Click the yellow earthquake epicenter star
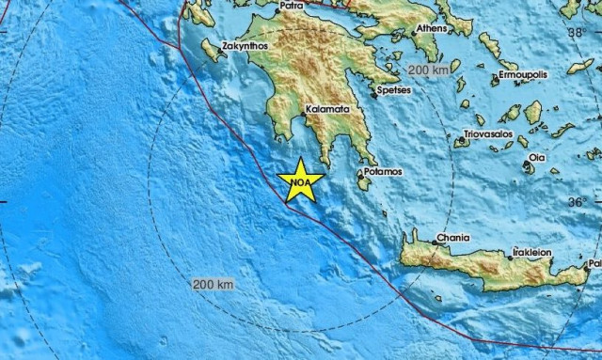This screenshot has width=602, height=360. pos(301,179)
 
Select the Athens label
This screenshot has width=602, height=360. pos(432,28)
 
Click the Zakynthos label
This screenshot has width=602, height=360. pos(246,45)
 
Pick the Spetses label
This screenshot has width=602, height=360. pos(393,92)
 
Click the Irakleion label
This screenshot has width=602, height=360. pos(532,253)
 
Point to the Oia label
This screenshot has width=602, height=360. pos(537,157)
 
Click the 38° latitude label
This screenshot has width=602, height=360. pos(578,34)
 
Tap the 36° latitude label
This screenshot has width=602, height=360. pos(578,202)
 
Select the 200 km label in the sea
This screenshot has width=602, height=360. pos(212,284)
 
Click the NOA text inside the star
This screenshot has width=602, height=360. pos(300,177)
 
